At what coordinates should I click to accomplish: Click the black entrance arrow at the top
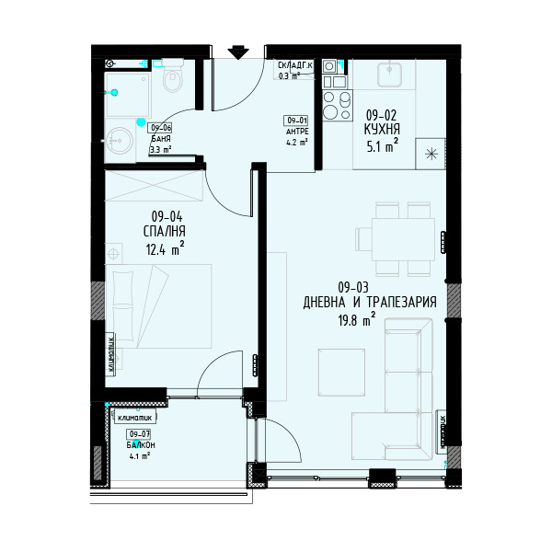pyautogui.click(x=238, y=52)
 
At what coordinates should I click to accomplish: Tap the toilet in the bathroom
pyautogui.click(x=173, y=75)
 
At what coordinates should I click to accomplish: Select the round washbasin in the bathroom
pyautogui.click(x=119, y=141)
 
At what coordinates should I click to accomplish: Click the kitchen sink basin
pyautogui.click(x=389, y=75)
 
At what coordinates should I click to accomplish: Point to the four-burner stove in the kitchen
pyautogui.click(x=338, y=105)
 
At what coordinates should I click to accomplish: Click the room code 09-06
pyautogui.click(x=161, y=128)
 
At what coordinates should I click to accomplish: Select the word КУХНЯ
pyautogui.click(x=382, y=130)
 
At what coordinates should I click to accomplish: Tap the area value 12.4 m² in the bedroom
pyautogui.click(x=165, y=248)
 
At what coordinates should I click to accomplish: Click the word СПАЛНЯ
pyautogui.click(x=165, y=231)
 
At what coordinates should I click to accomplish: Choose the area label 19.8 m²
pyautogui.click(x=356, y=320)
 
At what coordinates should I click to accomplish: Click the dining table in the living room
pyautogui.click(x=403, y=239)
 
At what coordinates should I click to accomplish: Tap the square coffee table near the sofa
pyautogui.click(x=341, y=373)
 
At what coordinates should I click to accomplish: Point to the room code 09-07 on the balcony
pyautogui.click(x=140, y=434)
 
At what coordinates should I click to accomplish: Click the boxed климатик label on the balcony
pyautogui.click(x=135, y=418)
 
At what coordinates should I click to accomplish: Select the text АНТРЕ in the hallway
pyautogui.click(x=297, y=132)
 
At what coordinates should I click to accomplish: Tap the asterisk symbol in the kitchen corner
pyautogui.click(x=431, y=154)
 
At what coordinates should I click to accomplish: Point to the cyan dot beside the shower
pyautogui.click(x=141, y=122)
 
